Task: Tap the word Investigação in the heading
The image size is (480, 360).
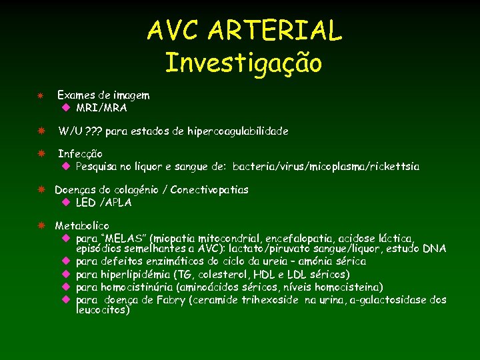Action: click(243, 63)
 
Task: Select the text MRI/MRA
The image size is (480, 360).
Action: click(101, 107)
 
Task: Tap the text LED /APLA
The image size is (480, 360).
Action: click(103, 202)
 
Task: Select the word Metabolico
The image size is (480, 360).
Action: click(81, 226)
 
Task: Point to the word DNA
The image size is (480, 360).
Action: click(434, 249)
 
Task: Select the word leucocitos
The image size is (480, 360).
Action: click(102, 310)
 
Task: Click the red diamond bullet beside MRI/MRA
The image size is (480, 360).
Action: click(66, 107)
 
